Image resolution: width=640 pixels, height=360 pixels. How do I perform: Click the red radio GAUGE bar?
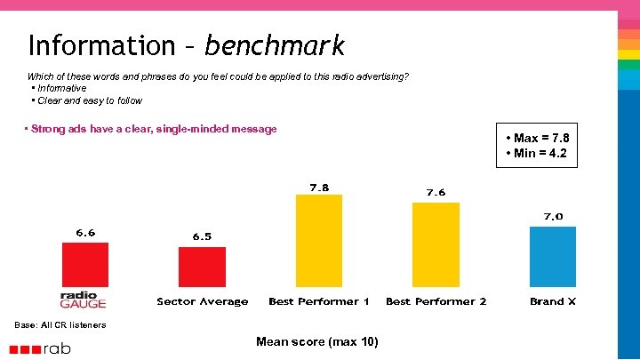point(84,265)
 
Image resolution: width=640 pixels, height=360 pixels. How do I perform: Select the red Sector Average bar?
point(202,267)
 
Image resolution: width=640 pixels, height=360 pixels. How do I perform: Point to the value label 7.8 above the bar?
point(319,188)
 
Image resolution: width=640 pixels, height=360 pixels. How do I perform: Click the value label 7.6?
point(436,192)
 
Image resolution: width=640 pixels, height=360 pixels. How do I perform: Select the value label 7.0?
point(553,216)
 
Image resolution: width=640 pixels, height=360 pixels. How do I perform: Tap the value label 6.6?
point(85,233)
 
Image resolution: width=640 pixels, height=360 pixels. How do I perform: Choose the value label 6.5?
point(203,236)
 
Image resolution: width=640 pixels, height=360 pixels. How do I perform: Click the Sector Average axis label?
point(203,301)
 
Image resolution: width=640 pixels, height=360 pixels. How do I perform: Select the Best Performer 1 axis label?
point(319,301)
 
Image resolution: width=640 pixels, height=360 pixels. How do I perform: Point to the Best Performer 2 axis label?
point(436,301)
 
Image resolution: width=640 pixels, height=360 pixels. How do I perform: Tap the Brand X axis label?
point(553,301)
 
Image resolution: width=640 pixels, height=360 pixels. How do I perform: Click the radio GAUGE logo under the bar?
point(83,300)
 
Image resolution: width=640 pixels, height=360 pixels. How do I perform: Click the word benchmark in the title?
point(274,45)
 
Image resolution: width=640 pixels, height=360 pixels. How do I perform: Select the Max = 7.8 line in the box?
point(537,138)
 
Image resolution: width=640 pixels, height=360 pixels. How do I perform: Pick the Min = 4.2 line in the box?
point(536,153)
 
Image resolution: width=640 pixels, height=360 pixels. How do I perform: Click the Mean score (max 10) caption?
point(316,341)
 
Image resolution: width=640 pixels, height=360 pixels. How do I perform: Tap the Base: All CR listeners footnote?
point(60,324)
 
